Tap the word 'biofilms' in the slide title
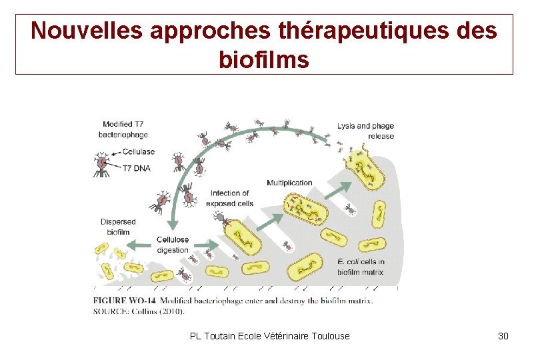click(263, 60)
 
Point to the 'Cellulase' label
click(139, 151)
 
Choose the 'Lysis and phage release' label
click(365, 131)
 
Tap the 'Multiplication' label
click(289, 183)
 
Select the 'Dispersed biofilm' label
click(118, 227)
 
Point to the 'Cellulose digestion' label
click(173, 245)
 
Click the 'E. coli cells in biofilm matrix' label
click(361, 267)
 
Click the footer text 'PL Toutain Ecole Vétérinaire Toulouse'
click(269, 336)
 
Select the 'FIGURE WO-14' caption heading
click(125, 300)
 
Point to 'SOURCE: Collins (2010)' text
click(139, 311)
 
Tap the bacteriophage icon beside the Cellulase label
click(102, 164)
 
